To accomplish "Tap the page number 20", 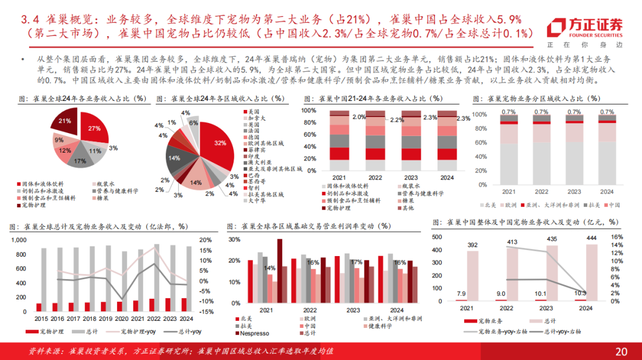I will coord(621,351).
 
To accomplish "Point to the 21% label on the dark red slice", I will coord(64,121).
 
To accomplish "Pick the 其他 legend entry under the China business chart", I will coord(408,208).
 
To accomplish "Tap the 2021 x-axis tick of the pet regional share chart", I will coord(508,192).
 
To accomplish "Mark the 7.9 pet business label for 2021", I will coord(461,293).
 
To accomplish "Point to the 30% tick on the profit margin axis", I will coord(234,240).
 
